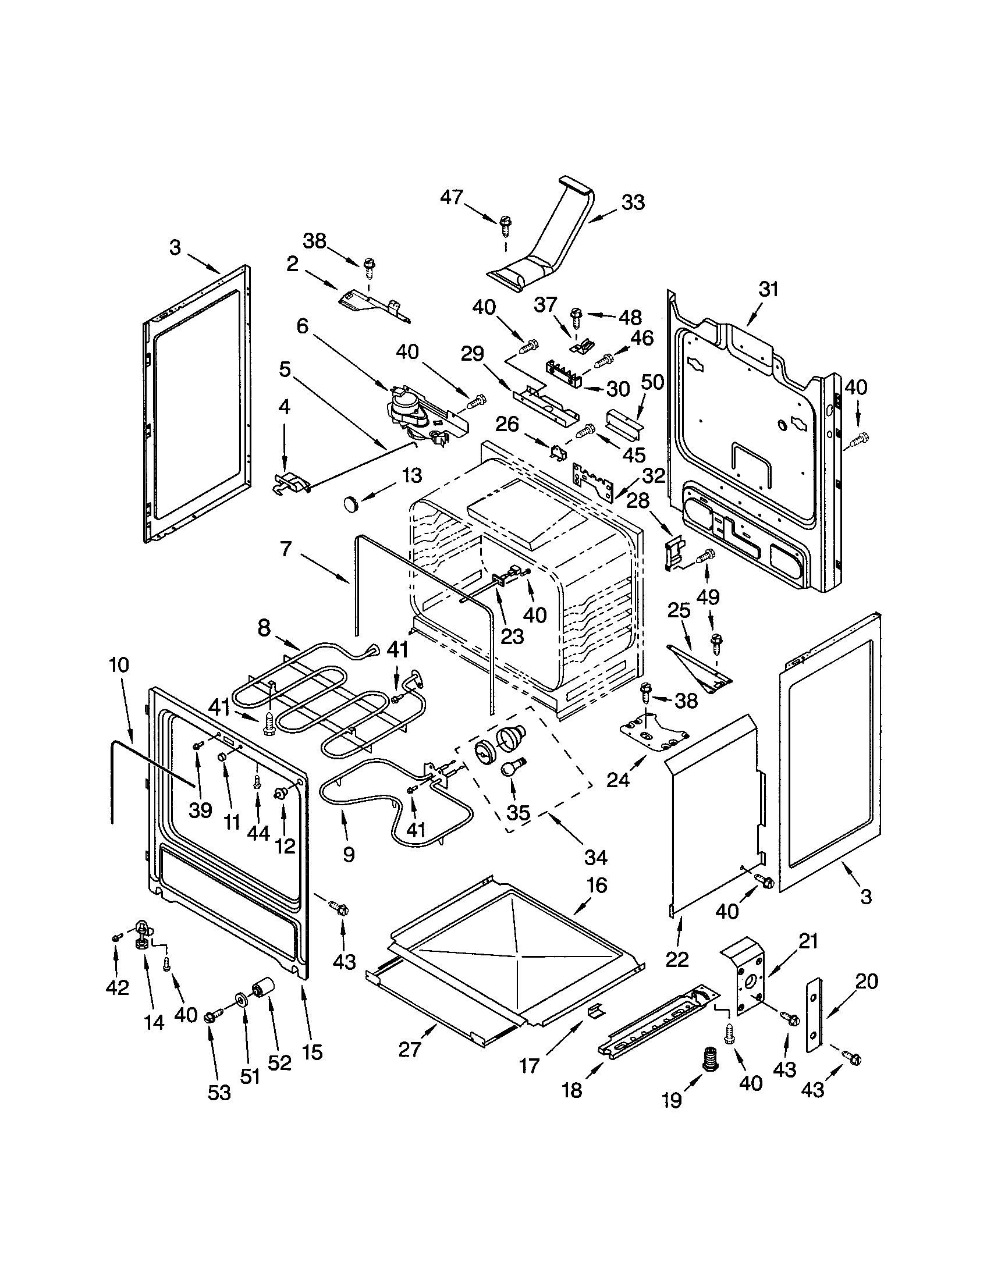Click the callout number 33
(x=633, y=203)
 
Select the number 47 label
(x=452, y=197)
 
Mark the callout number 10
(x=118, y=665)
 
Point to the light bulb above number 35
(x=512, y=769)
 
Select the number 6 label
(x=302, y=326)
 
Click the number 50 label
(x=652, y=382)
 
